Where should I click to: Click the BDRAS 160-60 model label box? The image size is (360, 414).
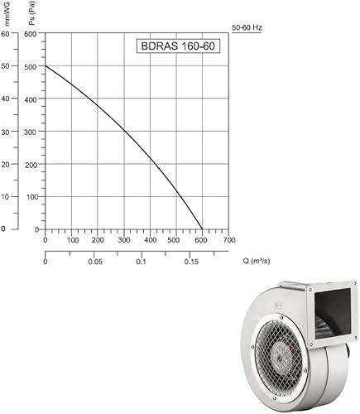pos(178,46)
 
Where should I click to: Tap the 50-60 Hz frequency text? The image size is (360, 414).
pos(247,27)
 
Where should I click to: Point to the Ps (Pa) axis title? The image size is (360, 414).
pos(33,13)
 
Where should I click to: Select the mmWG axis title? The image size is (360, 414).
pos(7,13)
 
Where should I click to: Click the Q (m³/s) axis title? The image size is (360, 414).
pos(257,261)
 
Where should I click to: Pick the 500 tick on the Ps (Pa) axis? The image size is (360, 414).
pos(31,67)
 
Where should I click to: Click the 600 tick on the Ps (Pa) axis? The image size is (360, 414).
pos(31,34)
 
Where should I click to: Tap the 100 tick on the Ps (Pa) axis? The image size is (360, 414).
pos(31,197)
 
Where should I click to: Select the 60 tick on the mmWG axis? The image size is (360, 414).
pos(5,34)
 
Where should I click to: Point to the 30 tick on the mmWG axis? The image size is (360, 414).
pos(5,132)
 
